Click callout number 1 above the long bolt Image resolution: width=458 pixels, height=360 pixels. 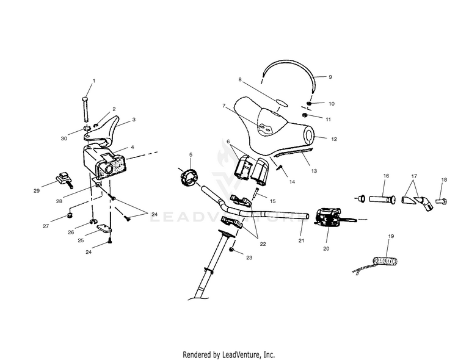point(94,81)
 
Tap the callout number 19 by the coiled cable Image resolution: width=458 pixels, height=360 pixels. point(391,236)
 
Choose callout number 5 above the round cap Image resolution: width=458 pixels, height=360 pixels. point(191,154)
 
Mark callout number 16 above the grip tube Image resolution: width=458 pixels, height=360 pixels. point(385,176)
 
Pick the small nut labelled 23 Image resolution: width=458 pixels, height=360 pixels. point(232,250)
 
